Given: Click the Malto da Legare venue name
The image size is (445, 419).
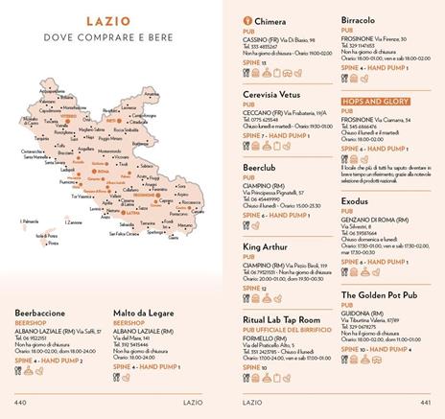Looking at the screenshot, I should pyautogui.click(x=148, y=313).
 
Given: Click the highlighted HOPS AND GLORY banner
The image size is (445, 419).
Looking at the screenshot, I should pyautogui.click(x=375, y=102).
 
